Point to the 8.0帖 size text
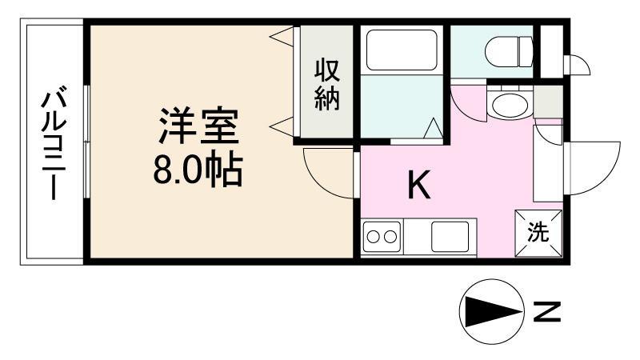[198, 169]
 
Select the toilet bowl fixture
[510, 52]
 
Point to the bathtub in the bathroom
[401, 51]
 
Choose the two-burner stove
[382, 237]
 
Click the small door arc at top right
[577, 66]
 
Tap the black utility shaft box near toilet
[550, 52]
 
